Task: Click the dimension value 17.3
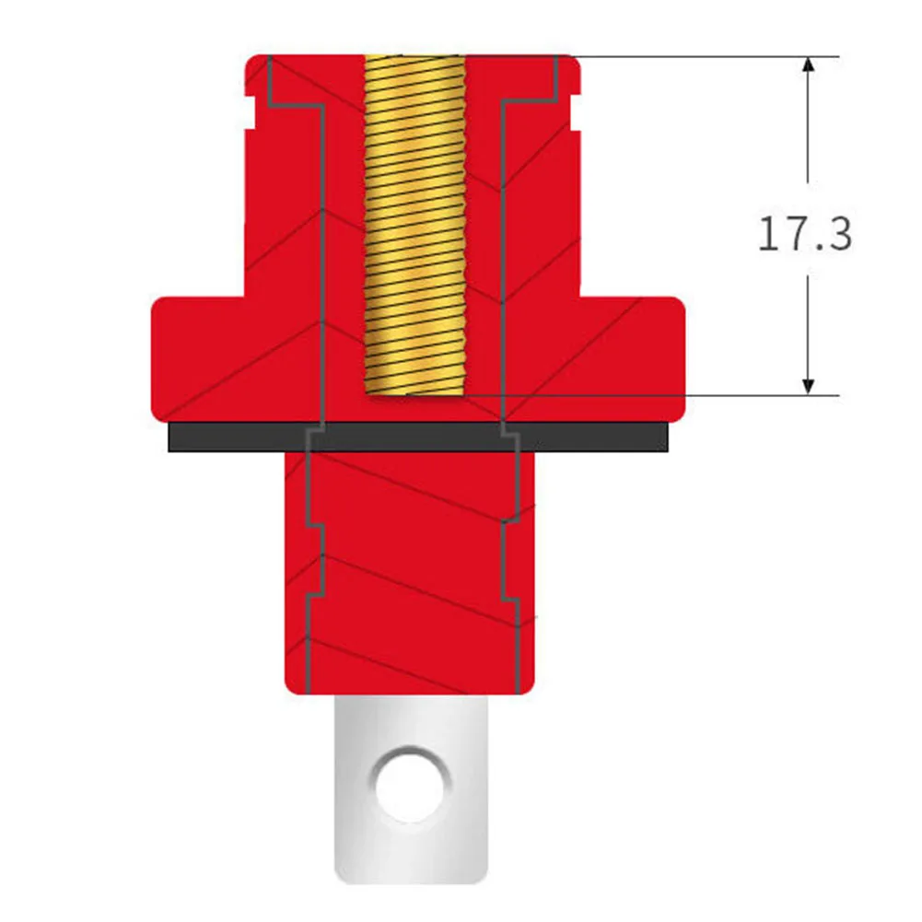click(x=804, y=235)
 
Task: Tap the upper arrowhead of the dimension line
click(x=808, y=66)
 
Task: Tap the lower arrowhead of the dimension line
click(x=808, y=385)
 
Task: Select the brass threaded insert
click(x=414, y=221)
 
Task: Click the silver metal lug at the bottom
click(x=410, y=847)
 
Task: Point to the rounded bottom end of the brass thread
click(x=414, y=394)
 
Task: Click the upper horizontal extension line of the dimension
click(x=700, y=56)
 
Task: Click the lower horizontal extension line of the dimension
click(x=700, y=396)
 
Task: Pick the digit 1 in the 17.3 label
click(x=768, y=235)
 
